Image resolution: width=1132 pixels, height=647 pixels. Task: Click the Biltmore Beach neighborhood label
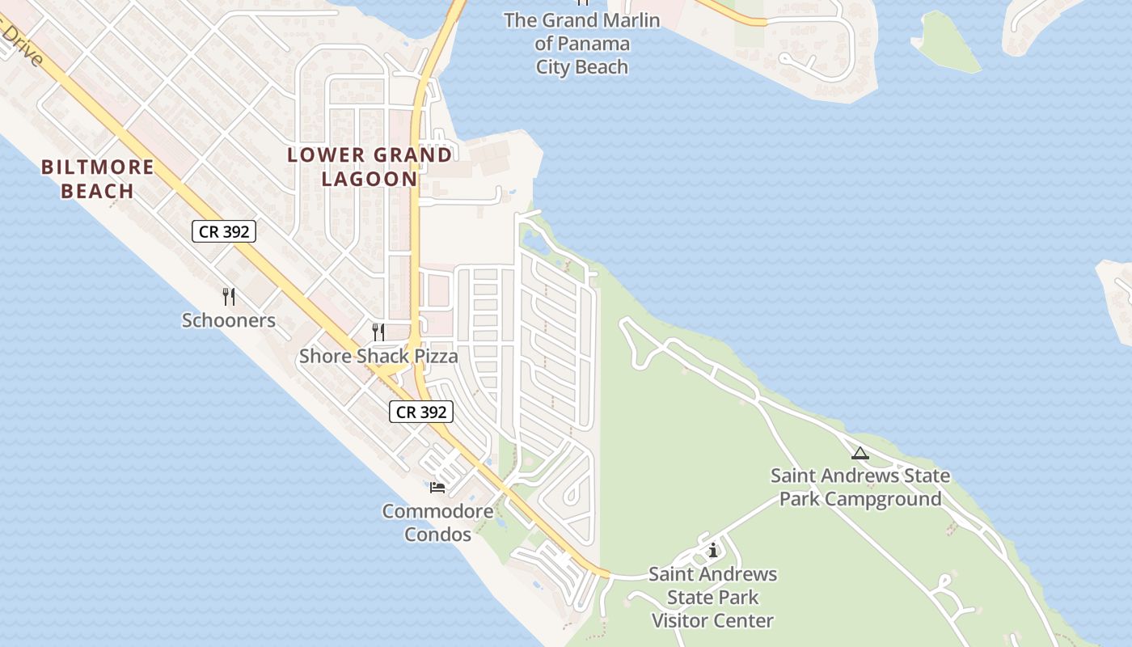(x=97, y=179)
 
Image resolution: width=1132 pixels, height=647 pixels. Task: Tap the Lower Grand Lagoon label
(x=370, y=167)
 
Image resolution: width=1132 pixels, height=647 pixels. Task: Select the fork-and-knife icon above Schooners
(x=229, y=297)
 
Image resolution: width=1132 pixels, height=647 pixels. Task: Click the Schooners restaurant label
(x=228, y=320)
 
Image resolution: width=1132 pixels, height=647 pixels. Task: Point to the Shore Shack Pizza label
(x=378, y=356)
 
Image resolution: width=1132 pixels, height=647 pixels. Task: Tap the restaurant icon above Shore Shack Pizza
(x=378, y=332)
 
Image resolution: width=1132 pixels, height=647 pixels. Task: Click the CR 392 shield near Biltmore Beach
(x=224, y=231)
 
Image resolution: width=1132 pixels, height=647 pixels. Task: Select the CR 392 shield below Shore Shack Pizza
(x=421, y=412)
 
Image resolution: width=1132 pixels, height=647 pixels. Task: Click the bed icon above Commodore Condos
(x=437, y=487)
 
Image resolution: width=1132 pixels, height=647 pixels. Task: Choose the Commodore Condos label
(x=437, y=522)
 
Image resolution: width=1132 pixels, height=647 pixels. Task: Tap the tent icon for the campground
(x=860, y=453)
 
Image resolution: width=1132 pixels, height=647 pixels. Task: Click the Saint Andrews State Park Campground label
(x=860, y=487)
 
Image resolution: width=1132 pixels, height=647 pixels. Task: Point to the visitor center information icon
(x=712, y=552)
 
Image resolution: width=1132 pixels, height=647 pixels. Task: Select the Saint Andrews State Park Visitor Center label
(x=712, y=598)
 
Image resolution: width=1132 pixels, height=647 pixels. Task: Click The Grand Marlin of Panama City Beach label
(x=582, y=44)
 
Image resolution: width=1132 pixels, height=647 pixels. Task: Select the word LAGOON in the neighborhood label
(x=370, y=179)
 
